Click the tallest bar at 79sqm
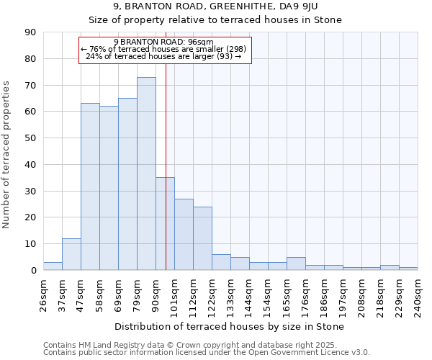click(146, 174)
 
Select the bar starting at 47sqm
click(90, 186)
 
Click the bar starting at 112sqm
click(202, 238)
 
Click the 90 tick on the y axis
click(30, 32)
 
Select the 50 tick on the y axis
click(30, 138)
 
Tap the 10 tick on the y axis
click(30, 244)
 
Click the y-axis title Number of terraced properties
click(7, 155)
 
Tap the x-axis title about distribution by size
click(230, 326)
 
